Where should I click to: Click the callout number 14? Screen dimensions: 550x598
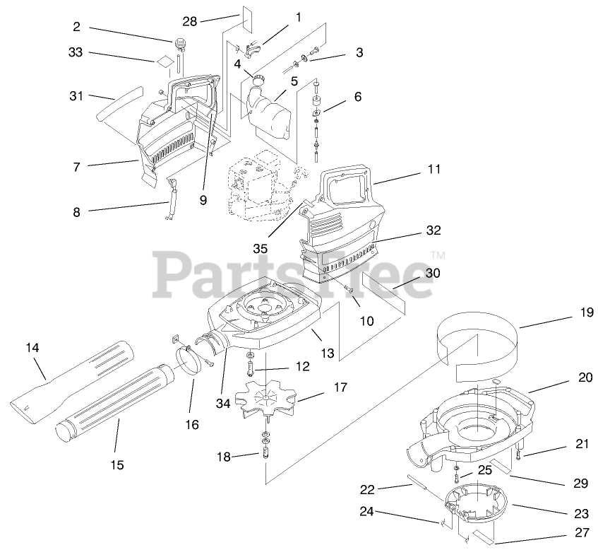point(32,347)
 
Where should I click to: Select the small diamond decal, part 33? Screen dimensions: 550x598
point(164,62)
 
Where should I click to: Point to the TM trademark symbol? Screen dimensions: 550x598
point(438,255)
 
